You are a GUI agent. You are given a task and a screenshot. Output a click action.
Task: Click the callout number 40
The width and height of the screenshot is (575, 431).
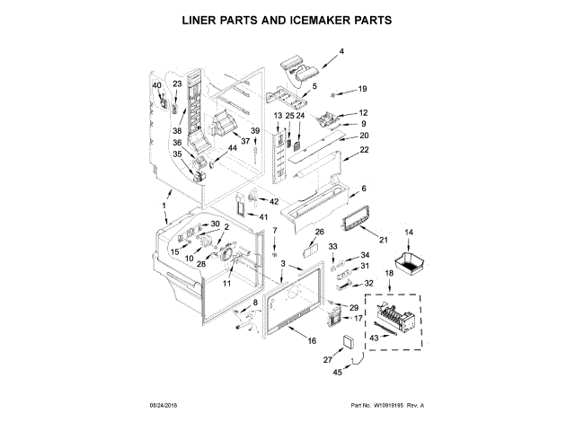pos(156,85)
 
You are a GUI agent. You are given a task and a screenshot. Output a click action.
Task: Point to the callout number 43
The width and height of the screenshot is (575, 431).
pos(376,337)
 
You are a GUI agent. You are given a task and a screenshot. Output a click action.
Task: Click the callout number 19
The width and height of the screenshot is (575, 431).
pos(363,89)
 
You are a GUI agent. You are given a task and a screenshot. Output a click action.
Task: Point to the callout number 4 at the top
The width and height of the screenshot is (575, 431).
pos(341,52)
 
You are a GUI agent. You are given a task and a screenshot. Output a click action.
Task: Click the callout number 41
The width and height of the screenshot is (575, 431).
pos(263,216)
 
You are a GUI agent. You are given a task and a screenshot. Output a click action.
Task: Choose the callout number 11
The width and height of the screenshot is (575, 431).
pos(226,283)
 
